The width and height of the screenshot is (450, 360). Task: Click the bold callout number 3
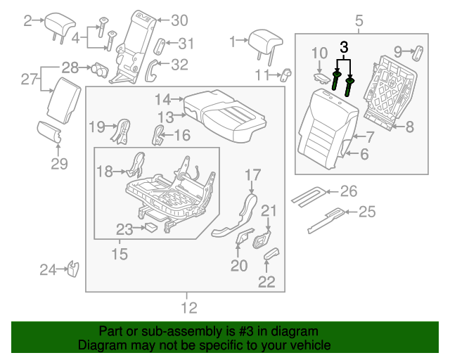coord(344,47)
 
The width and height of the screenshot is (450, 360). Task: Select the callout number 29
coord(59,165)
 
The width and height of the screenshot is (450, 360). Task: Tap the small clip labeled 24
coord(72,269)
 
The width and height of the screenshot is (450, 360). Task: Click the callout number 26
coord(349,191)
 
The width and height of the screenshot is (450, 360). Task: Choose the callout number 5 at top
coord(359,22)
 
